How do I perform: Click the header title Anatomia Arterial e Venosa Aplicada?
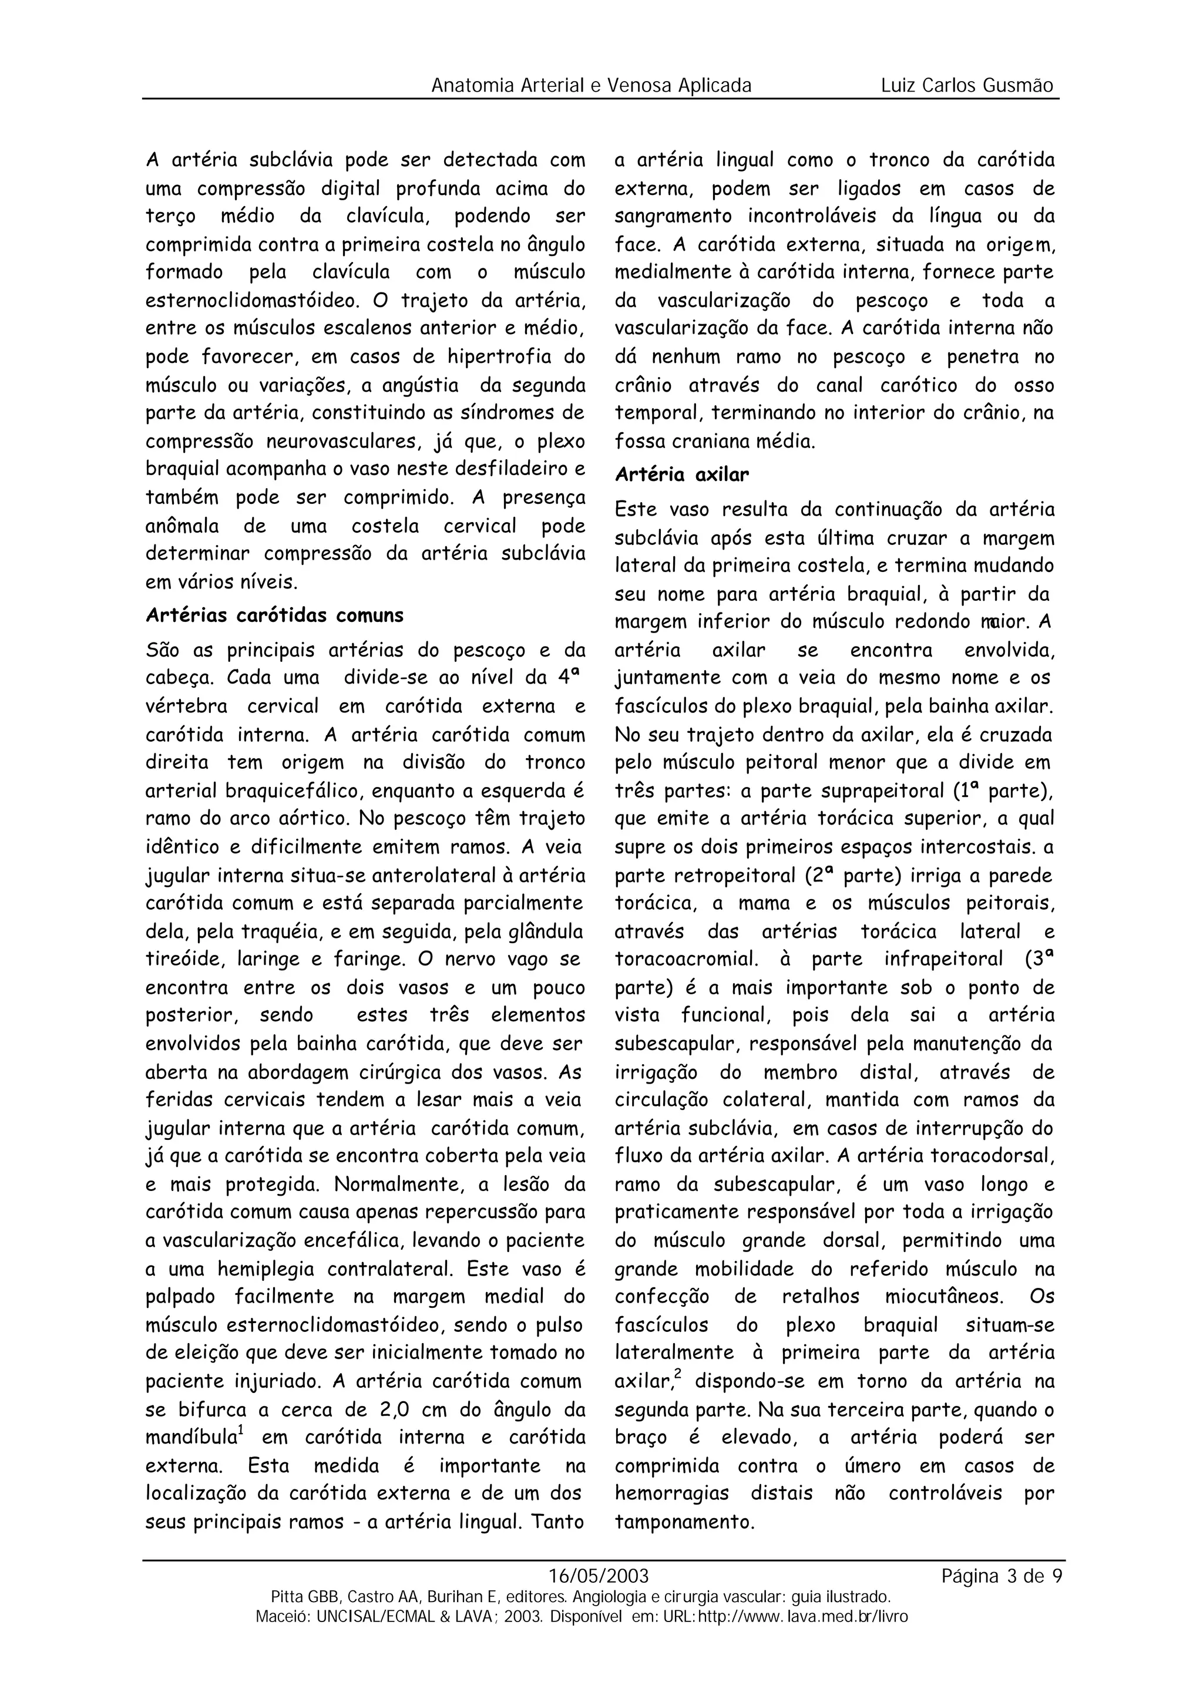591,86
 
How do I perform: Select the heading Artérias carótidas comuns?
275,615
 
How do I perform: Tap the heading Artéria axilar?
682,475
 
